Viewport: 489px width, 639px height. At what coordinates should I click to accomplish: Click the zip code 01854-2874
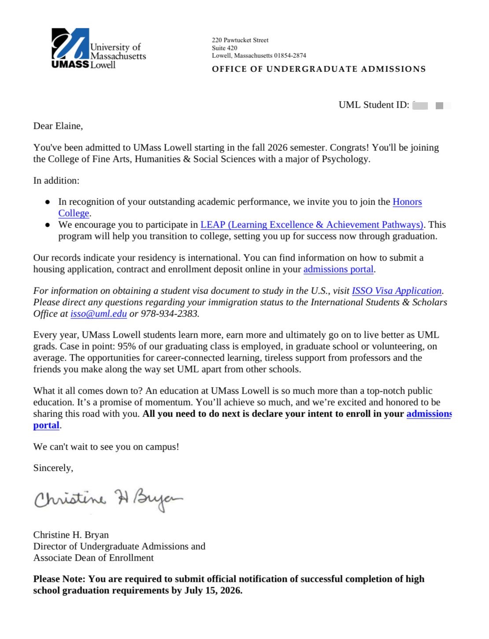pyautogui.click(x=290, y=56)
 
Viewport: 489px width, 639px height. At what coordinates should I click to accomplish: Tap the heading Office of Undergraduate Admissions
pyautogui.click(x=319, y=69)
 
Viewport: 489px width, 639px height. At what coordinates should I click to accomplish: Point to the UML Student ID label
pyautogui.click(x=374, y=105)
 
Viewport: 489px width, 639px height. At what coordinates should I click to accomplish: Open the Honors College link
pyautogui.click(x=407, y=202)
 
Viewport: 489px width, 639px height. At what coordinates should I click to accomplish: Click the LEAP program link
pyautogui.click(x=312, y=225)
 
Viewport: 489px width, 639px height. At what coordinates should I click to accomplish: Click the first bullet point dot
pyautogui.click(x=48, y=202)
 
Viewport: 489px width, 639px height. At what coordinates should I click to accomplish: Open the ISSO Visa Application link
pyautogui.click(x=396, y=291)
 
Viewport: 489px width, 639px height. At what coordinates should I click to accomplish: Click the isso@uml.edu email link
pyautogui.click(x=99, y=314)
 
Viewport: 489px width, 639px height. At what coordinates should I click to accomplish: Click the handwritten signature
pyautogui.click(x=108, y=499)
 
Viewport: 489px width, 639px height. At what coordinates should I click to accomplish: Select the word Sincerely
pyautogui.click(x=53, y=468)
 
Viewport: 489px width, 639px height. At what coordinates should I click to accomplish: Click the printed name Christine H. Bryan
pyautogui.click(x=71, y=535)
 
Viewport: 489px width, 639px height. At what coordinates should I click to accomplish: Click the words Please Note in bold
pyautogui.click(x=59, y=579)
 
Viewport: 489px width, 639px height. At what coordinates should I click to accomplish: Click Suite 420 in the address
pyautogui.click(x=224, y=48)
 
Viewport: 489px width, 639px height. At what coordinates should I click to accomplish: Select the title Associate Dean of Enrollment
pyautogui.click(x=93, y=558)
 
